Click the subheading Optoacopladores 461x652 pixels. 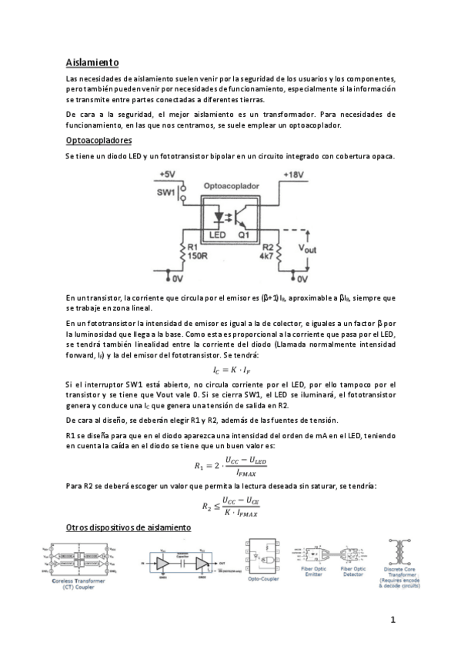click(99, 141)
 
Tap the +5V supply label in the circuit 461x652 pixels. click(169, 175)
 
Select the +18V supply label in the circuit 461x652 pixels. click(299, 175)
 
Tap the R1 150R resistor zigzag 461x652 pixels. click(182, 252)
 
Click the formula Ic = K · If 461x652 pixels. click(230, 369)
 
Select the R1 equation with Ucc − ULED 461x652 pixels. click(230, 464)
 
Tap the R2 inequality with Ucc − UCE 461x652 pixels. click(231, 504)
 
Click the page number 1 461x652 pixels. click(393, 620)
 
